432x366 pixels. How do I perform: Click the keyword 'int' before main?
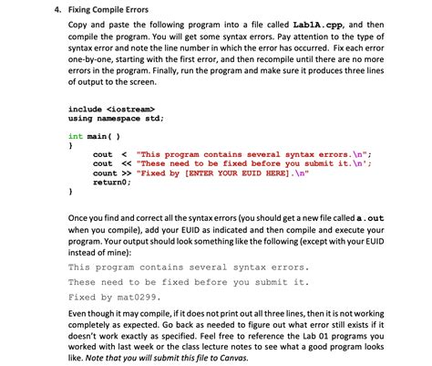pos(76,134)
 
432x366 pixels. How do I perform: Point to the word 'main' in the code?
pos(98,134)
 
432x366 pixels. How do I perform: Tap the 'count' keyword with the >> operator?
pos(105,173)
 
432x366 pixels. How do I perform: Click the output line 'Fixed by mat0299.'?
pos(114,297)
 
